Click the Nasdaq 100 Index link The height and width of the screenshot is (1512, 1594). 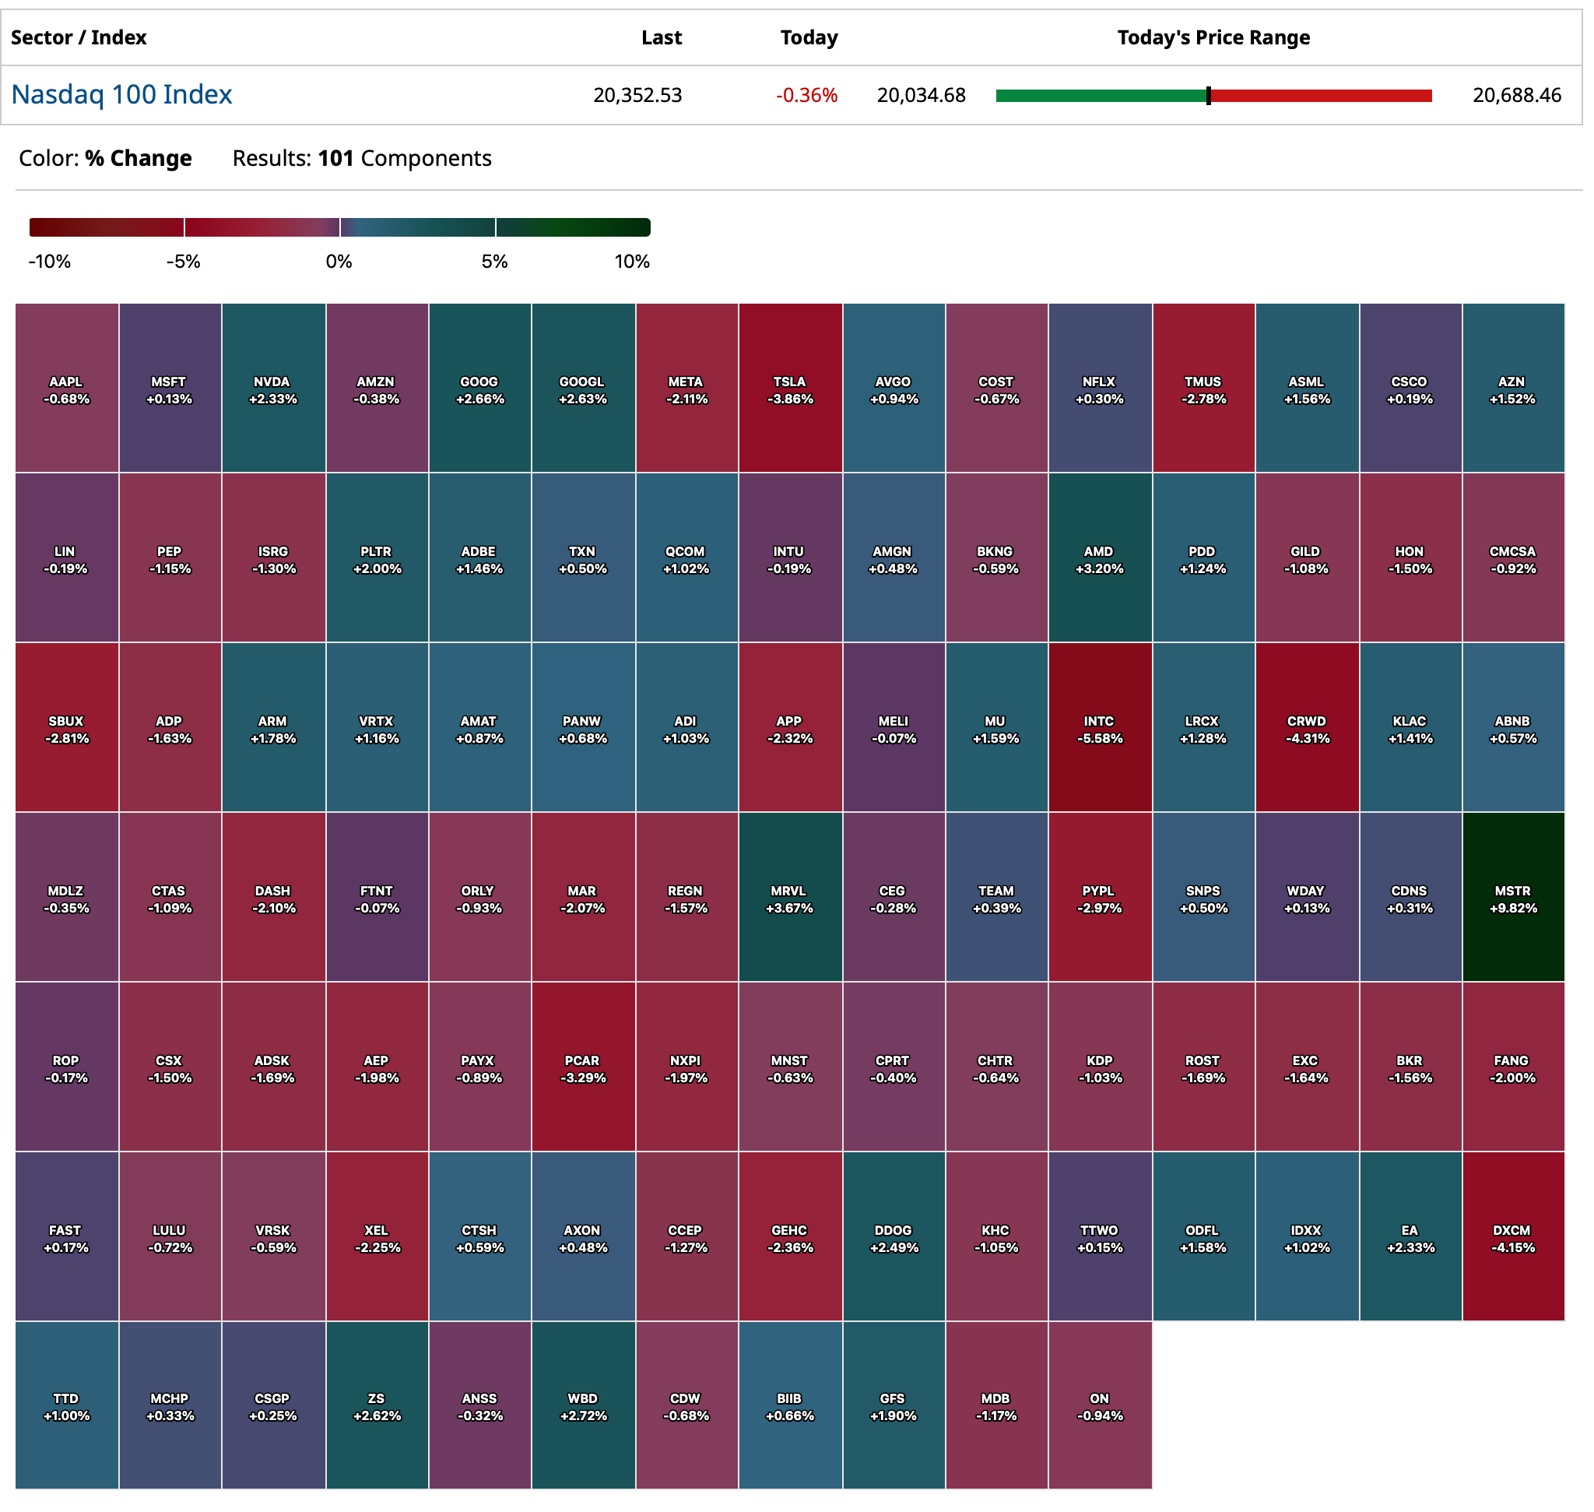tap(121, 95)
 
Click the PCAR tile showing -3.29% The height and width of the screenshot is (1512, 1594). tap(583, 1067)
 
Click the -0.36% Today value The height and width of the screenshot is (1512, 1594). tap(806, 96)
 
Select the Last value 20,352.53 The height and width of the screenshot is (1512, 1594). tap(637, 96)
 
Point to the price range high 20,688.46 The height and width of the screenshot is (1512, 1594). tap(1517, 96)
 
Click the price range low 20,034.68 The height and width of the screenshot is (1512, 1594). tap(921, 96)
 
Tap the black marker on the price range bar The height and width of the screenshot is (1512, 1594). tap(1208, 96)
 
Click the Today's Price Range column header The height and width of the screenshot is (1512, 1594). tap(1213, 38)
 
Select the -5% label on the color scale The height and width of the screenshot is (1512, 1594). tap(183, 262)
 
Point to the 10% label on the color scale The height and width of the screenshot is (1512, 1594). tap(632, 262)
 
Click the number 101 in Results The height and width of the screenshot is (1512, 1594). tap(336, 159)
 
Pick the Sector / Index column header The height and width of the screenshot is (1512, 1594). tap(78, 38)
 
